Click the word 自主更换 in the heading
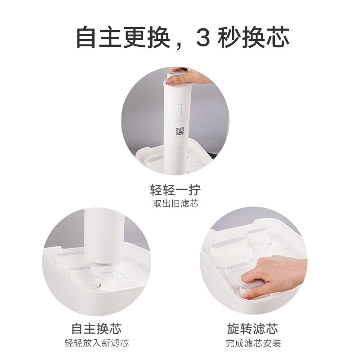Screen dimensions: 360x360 [122, 37]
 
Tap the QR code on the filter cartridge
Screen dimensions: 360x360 [180, 131]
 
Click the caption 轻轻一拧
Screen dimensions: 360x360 [175, 189]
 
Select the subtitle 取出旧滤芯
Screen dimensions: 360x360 [175, 203]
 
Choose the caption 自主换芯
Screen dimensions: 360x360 [97, 328]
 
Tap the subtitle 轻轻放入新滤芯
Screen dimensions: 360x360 [97, 343]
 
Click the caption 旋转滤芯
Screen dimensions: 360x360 [253, 328]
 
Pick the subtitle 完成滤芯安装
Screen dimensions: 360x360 [253, 343]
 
